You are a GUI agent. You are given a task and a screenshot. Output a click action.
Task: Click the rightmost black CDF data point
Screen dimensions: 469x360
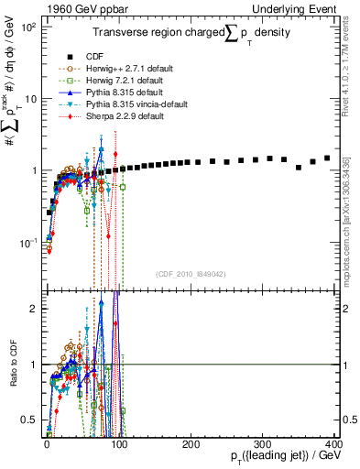[327, 158]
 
